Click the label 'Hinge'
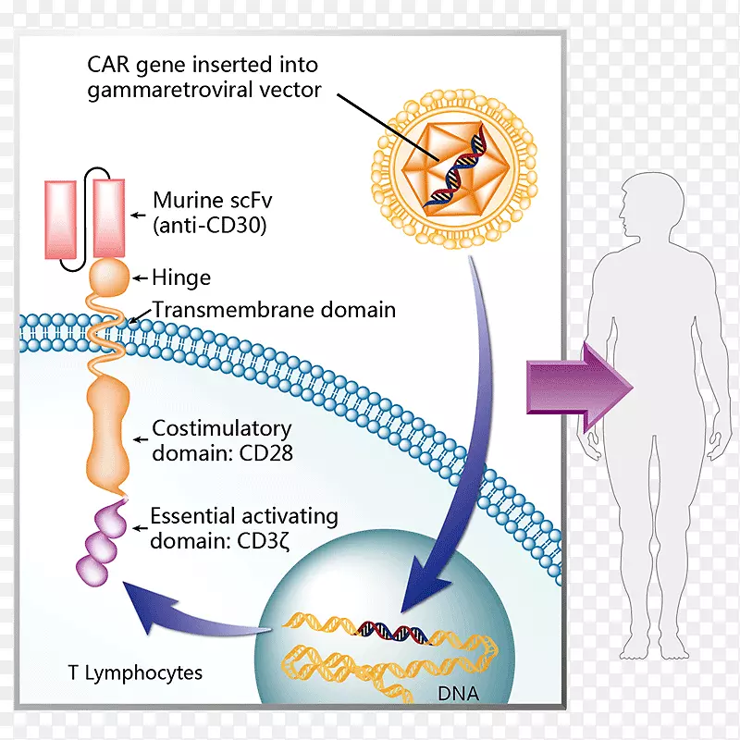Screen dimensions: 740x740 182,277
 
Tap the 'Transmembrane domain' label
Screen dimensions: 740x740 273,310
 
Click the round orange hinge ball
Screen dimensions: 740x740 108,276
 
